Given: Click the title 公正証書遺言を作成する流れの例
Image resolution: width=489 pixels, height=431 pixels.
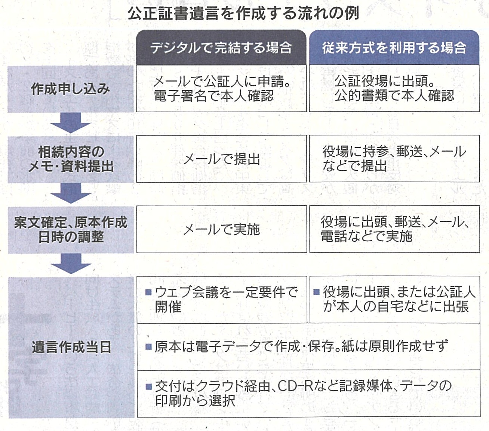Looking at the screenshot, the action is coord(243,13).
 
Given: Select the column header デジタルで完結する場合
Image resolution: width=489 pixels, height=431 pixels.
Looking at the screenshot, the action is coord(221,48).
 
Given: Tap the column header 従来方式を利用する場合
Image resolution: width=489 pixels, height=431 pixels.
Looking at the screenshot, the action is coord(394,48).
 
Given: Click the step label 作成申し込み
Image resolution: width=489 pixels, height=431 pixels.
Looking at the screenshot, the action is coord(70,89).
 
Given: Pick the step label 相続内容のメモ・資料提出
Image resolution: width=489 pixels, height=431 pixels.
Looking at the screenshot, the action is coord(71,159).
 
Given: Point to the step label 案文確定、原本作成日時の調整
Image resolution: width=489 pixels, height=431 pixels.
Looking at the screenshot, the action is coord(71,229).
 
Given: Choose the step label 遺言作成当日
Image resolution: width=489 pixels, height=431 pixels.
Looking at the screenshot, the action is coord(71,348).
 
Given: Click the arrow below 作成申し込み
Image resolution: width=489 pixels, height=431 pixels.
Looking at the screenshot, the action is coord(71,123).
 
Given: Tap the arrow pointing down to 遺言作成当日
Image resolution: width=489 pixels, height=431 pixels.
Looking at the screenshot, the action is coord(71,264).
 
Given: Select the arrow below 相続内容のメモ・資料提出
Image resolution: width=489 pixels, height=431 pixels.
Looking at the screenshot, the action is coord(71,193).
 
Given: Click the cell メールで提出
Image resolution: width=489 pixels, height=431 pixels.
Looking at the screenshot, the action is coord(222,159).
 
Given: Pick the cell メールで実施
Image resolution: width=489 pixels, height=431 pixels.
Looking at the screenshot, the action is coord(222,229).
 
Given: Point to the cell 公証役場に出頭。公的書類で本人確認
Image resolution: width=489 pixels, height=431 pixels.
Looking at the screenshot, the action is coord(394,88).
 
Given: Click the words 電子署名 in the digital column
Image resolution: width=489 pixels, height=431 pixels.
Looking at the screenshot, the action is coord(180,96).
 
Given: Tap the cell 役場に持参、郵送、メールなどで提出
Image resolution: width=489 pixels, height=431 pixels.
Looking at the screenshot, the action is coord(394,159).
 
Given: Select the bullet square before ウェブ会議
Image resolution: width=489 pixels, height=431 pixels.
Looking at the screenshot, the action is coord(148,292).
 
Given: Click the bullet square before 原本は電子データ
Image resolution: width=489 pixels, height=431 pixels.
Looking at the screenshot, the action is coord(148,347).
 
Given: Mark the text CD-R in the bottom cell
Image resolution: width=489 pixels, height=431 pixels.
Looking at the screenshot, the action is coord(295,386).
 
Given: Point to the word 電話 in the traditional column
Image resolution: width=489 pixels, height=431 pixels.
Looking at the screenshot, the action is coord(333,236).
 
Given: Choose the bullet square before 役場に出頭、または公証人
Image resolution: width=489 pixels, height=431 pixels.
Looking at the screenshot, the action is coord(316,292).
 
